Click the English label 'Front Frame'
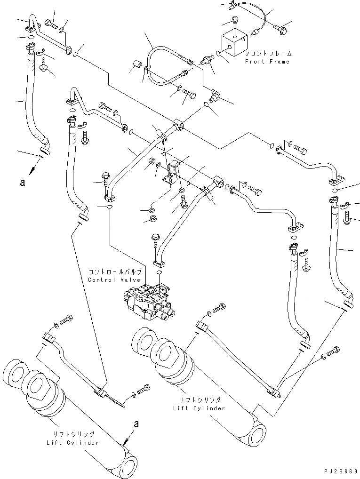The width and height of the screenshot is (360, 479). click(267, 62)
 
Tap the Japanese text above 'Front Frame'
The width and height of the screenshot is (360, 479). click(267, 54)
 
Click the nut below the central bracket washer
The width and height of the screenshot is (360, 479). click(153, 218)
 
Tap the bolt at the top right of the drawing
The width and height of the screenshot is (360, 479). click(281, 30)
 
